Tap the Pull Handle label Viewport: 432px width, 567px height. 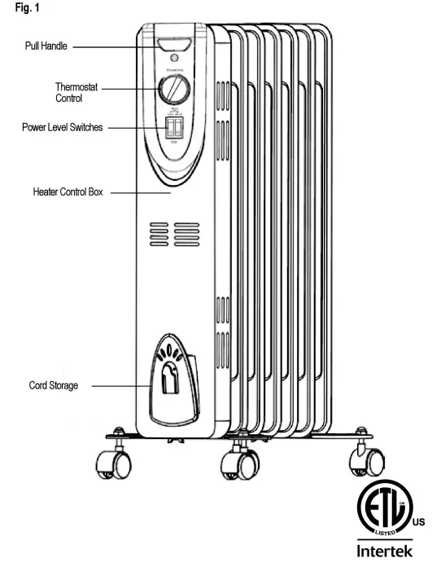pyautogui.click(x=46, y=46)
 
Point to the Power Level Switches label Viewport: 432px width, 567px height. pyautogui.click(x=63, y=128)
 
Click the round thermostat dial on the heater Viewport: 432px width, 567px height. pyautogui.click(x=174, y=90)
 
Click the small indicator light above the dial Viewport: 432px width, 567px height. pyautogui.click(x=173, y=59)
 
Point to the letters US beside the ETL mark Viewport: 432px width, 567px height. pyautogui.click(x=419, y=521)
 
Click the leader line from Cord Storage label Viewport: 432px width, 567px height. pyautogui.click(x=119, y=385)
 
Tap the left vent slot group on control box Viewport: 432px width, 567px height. pyautogui.click(x=159, y=233)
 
